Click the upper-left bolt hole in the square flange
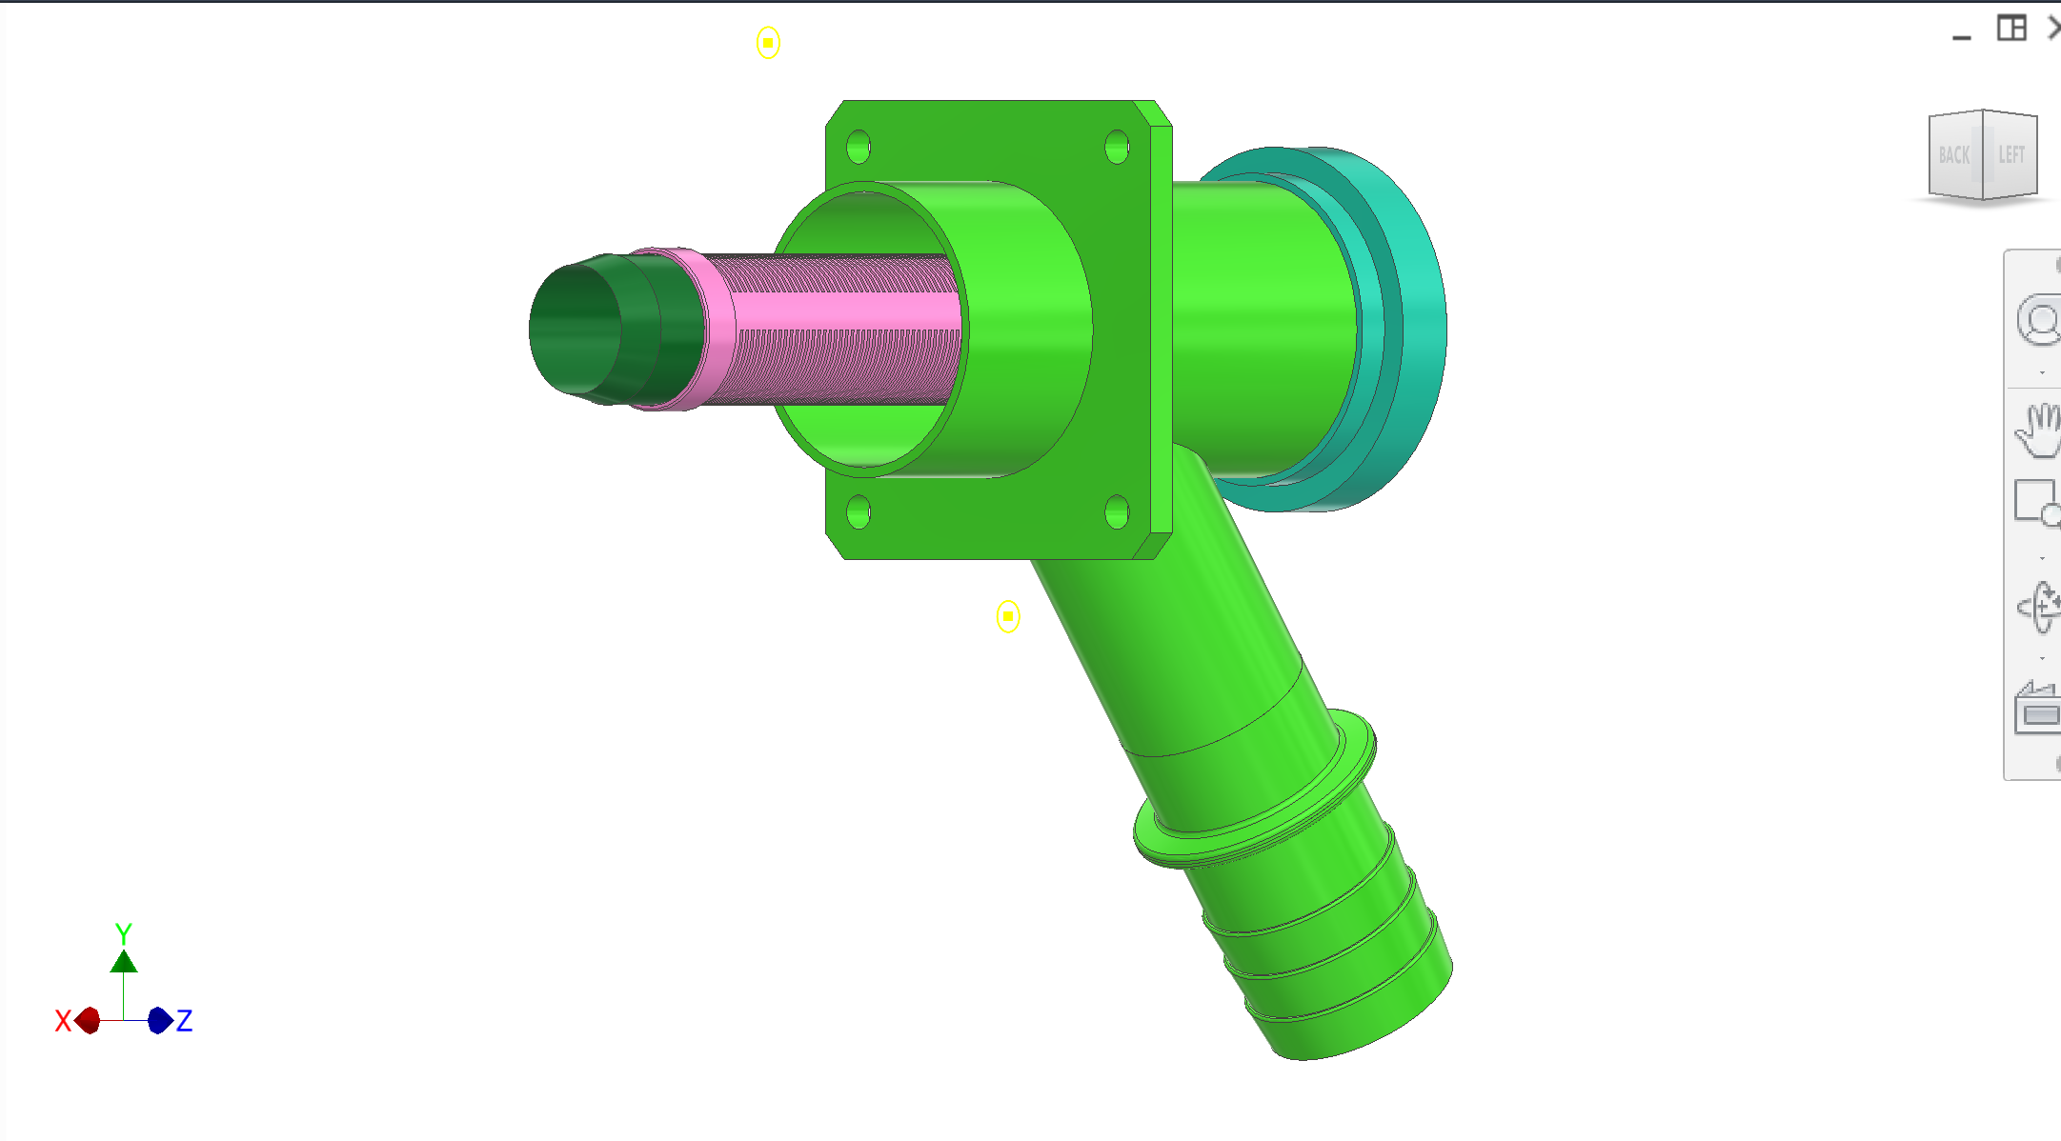(x=858, y=147)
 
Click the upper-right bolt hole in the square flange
(x=1117, y=147)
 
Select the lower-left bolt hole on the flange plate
(x=858, y=511)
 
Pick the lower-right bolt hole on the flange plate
(x=1117, y=511)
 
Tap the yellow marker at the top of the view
(x=768, y=42)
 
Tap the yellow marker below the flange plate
(x=1008, y=616)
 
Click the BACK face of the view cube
(x=1954, y=155)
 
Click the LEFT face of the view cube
(x=2011, y=154)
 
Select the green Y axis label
(x=123, y=932)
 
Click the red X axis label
(x=63, y=1021)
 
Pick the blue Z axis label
(x=185, y=1021)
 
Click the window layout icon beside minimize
(x=2011, y=28)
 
